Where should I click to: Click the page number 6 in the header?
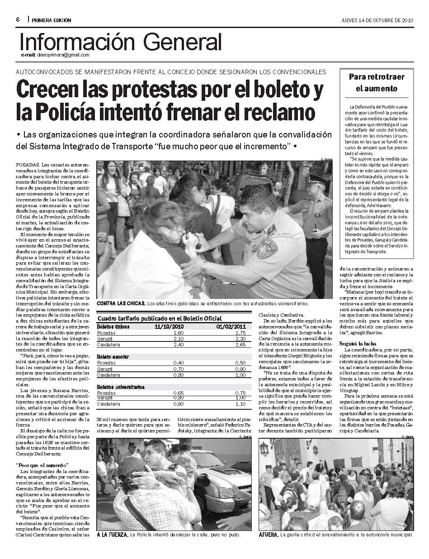coord(17,20)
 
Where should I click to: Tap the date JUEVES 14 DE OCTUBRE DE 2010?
coord(377,20)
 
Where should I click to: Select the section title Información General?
coord(121,43)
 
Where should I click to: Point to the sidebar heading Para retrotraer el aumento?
coord(376,82)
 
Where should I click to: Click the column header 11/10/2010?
coord(169,326)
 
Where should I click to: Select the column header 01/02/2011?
coord(231,326)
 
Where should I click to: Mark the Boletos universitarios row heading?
coord(121,387)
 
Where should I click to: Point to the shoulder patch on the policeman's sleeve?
coord(267,248)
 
